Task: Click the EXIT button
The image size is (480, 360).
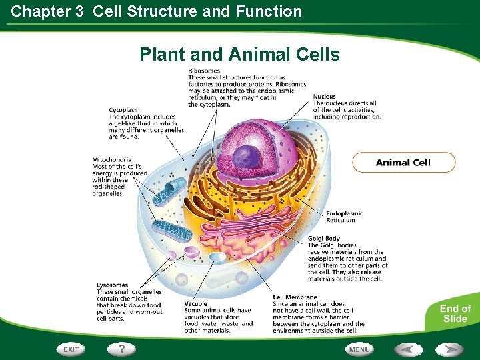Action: pyautogui.click(x=71, y=349)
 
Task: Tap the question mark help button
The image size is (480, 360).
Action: pyautogui.click(x=121, y=349)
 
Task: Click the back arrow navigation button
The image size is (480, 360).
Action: pyautogui.click(x=408, y=349)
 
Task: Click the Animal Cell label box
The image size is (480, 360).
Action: pyautogui.click(x=403, y=163)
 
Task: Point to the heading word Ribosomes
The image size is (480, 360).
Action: pyautogui.click(x=205, y=71)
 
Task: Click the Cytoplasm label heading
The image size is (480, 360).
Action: pyautogui.click(x=124, y=110)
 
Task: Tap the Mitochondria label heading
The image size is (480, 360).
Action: pyautogui.click(x=111, y=160)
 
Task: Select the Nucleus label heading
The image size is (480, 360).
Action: pyautogui.click(x=325, y=97)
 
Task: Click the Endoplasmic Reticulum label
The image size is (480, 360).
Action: pyautogui.click(x=341, y=217)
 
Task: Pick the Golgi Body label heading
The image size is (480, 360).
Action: pyautogui.click(x=324, y=239)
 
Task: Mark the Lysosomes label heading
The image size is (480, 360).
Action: pyautogui.click(x=112, y=285)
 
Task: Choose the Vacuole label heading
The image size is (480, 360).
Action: pyautogui.click(x=196, y=304)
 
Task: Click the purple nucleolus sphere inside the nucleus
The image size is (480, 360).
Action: pyautogui.click(x=247, y=157)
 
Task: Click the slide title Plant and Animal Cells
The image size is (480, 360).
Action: pyautogui.click(x=239, y=55)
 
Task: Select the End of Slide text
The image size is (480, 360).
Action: pyautogui.click(x=455, y=313)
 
